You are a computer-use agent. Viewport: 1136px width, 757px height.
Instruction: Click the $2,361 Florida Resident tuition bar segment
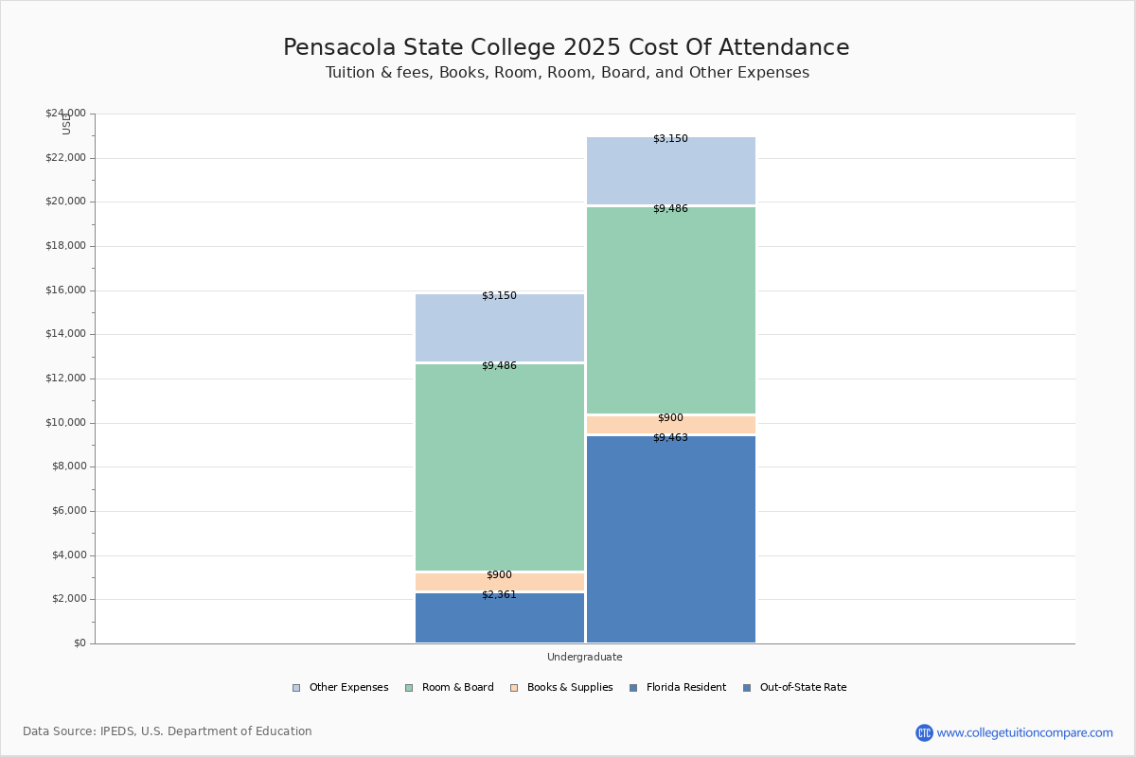pos(500,619)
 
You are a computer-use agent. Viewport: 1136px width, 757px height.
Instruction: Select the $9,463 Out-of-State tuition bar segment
pos(671,539)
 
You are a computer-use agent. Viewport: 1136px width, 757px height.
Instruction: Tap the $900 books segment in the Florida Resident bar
pos(500,581)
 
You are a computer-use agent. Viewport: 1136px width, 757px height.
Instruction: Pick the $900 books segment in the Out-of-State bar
pos(671,425)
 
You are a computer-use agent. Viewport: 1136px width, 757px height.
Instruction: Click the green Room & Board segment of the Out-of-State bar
pos(671,310)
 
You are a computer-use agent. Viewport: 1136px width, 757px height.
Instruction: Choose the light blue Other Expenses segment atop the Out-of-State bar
pos(671,170)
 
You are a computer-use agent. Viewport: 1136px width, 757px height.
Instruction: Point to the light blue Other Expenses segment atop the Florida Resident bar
pos(500,327)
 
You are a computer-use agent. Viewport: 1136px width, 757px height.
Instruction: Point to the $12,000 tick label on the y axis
pos(65,378)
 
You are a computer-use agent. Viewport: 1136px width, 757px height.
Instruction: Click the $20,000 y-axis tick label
pos(65,202)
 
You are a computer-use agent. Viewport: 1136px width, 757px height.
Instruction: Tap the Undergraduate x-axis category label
pos(585,657)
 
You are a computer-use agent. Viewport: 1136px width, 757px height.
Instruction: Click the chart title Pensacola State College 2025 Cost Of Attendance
pos(566,47)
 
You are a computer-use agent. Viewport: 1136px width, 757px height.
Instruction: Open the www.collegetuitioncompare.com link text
pos(1024,732)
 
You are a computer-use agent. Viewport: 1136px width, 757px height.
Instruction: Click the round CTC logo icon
pos(924,732)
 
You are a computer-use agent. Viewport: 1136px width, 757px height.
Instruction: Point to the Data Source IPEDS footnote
pos(168,731)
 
